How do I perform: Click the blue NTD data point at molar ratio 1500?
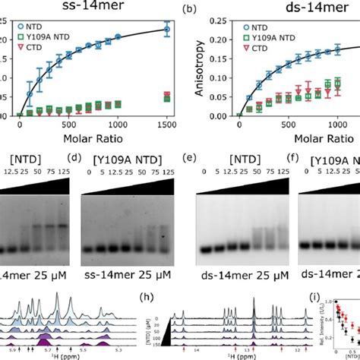tap(166, 30)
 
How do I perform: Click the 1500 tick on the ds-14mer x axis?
tap(354, 126)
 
